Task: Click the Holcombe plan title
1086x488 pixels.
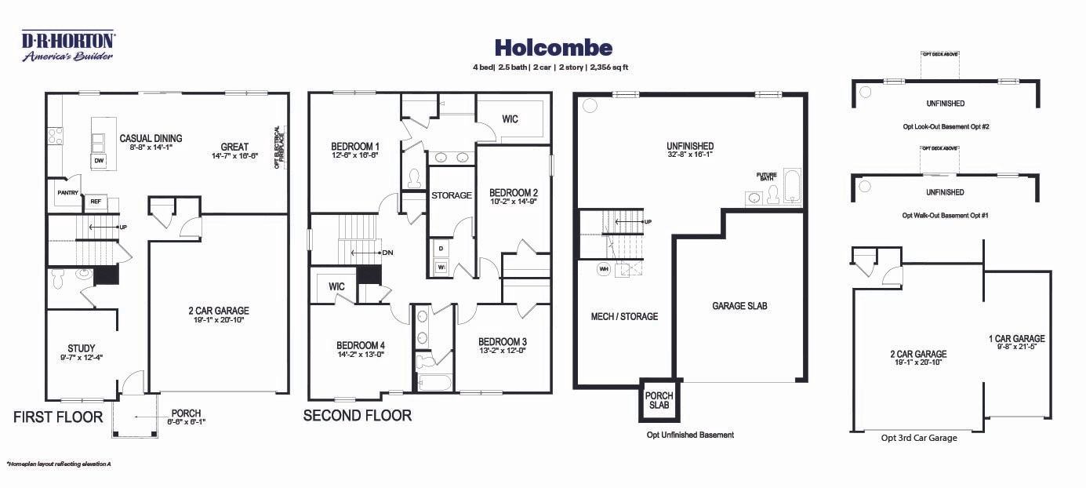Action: tap(554, 49)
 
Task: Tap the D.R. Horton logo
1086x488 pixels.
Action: tap(68, 46)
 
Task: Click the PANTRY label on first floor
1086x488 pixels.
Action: tap(67, 192)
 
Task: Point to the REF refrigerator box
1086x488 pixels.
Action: tap(96, 202)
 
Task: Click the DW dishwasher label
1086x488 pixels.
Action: tap(99, 161)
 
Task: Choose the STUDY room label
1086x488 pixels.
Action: tap(82, 348)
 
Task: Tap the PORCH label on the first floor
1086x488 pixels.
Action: tap(186, 413)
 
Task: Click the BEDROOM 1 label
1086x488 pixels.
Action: tap(355, 147)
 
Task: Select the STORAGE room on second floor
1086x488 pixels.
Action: tap(452, 195)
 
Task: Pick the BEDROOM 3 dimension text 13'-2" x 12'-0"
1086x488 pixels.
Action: tap(502, 351)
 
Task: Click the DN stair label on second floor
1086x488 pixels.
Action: tap(387, 253)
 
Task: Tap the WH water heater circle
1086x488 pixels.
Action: tap(604, 268)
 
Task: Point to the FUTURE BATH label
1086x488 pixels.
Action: tap(765, 177)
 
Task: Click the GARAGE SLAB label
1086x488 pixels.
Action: tap(739, 306)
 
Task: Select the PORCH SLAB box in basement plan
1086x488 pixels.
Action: tap(659, 400)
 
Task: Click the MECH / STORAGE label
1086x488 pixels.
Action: tap(624, 317)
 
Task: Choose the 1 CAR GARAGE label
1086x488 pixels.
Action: tap(1016, 339)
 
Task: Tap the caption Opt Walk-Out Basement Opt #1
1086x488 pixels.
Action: tap(944, 215)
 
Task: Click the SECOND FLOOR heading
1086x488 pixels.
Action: tap(358, 416)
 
